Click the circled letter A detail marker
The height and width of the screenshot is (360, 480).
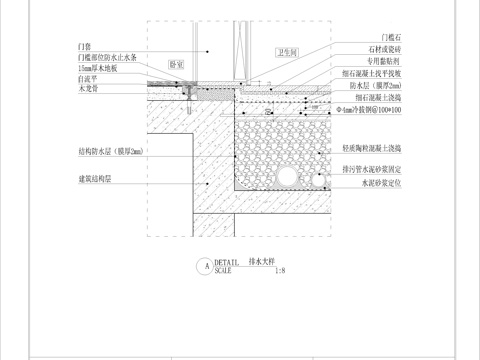(x=207, y=267)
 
